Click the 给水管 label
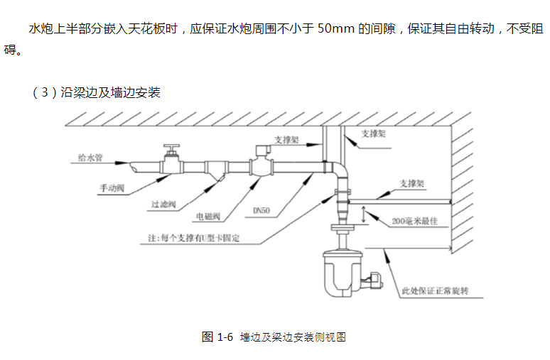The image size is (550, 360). click(90, 158)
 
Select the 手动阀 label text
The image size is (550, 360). click(112, 188)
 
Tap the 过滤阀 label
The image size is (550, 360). click(163, 204)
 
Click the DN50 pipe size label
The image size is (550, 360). click(264, 211)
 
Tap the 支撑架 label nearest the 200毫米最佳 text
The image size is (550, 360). click(411, 183)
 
